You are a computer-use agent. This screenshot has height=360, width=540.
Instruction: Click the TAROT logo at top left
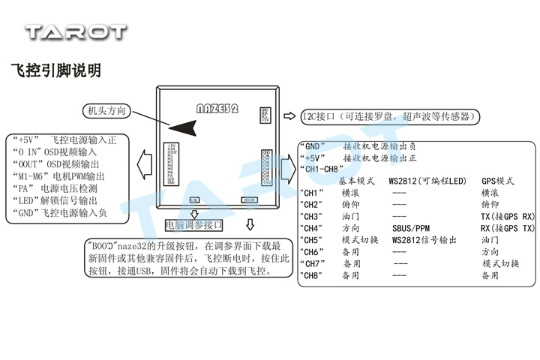(x=76, y=31)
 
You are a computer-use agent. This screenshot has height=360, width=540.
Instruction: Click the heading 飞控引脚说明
(x=56, y=70)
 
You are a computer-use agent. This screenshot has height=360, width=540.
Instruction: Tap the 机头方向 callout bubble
(x=107, y=111)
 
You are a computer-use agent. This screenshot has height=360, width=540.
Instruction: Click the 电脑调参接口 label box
(x=194, y=224)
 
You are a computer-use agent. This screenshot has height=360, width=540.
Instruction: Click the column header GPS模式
(x=497, y=181)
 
